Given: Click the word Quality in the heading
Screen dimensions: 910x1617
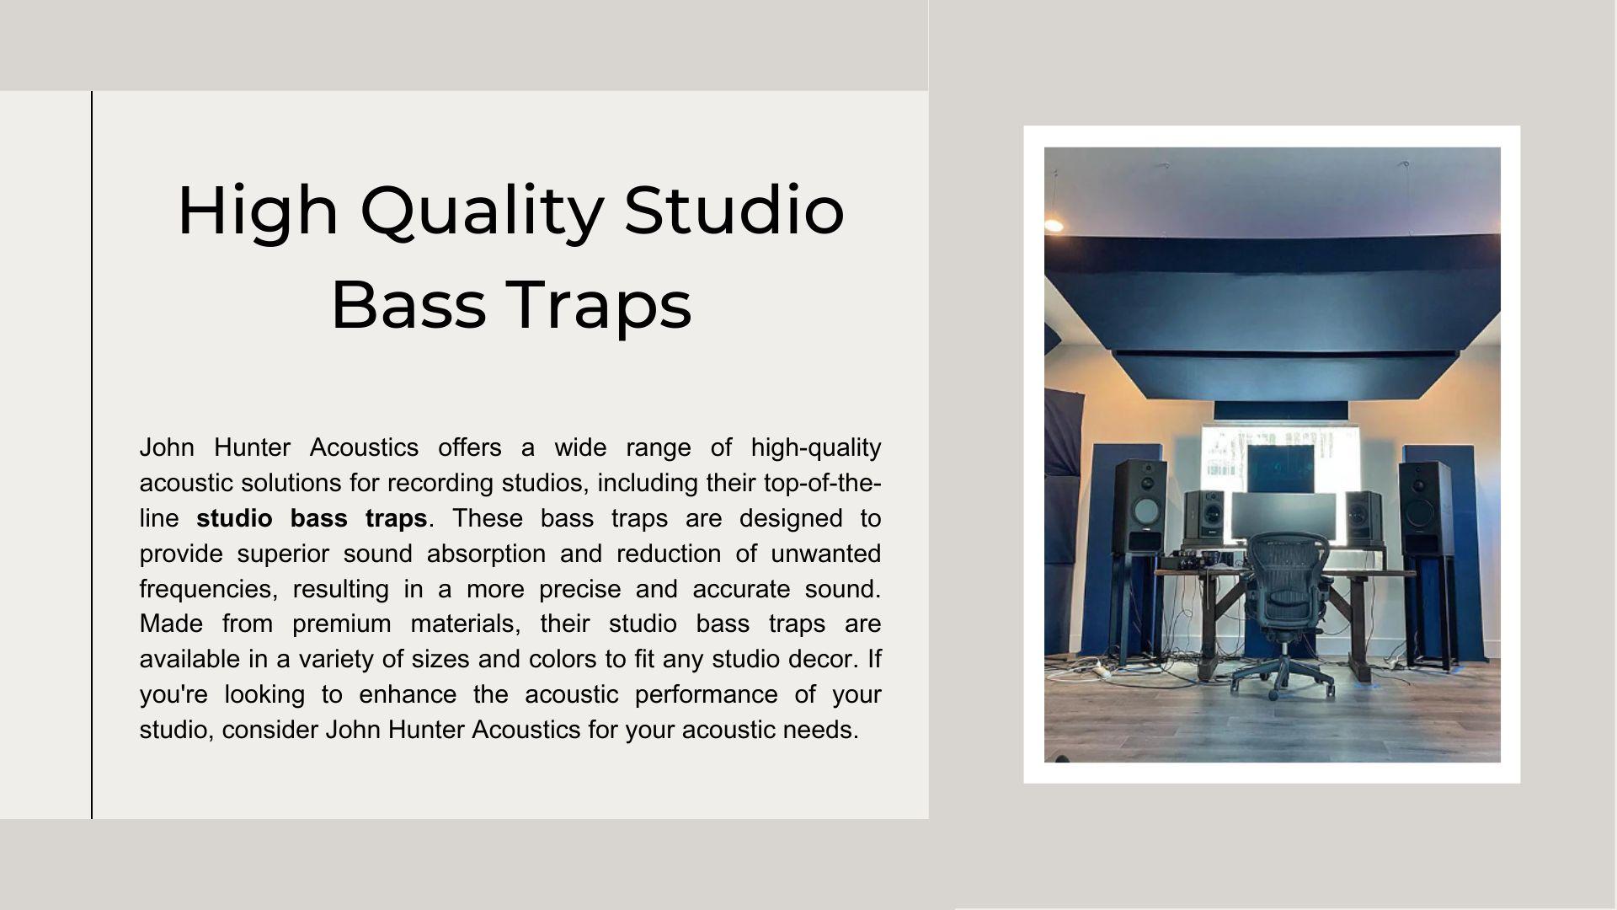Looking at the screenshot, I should click(x=481, y=211).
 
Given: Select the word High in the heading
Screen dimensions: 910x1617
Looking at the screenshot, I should click(x=258, y=211).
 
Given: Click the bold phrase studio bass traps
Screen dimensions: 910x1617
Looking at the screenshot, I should click(x=312, y=518).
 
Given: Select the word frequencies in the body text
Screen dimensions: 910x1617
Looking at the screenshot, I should click(x=208, y=589).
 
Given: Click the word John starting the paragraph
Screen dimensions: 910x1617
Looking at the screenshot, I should click(x=167, y=447).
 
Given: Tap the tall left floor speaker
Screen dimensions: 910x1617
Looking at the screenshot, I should click(x=1140, y=506).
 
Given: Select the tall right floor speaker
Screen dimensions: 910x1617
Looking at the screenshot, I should click(x=1425, y=506).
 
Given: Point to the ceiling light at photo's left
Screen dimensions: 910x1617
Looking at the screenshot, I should click(x=1054, y=224).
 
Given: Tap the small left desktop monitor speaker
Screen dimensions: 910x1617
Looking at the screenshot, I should click(x=1204, y=515).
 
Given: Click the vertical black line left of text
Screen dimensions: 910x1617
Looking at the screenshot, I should click(x=92, y=455).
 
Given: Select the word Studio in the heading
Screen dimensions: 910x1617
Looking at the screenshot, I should click(x=734, y=211).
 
